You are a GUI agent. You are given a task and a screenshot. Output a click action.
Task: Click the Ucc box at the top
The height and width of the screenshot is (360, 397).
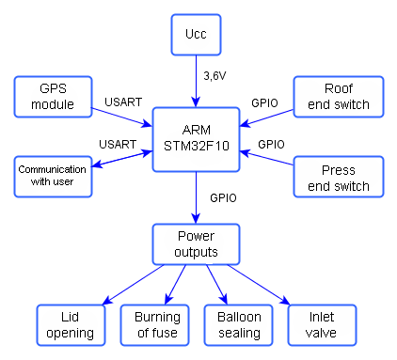(196, 34)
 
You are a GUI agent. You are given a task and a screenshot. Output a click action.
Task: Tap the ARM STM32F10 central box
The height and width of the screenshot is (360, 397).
(196, 139)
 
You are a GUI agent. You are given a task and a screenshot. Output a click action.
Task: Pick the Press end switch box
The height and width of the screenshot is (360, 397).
(339, 177)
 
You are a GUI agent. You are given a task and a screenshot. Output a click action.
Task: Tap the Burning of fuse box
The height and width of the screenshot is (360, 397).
(156, 324)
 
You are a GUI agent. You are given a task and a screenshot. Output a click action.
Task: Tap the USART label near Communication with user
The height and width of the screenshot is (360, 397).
(118, 143)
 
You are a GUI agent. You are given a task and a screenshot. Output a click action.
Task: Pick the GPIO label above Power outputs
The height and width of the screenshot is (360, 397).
(223, 198)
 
